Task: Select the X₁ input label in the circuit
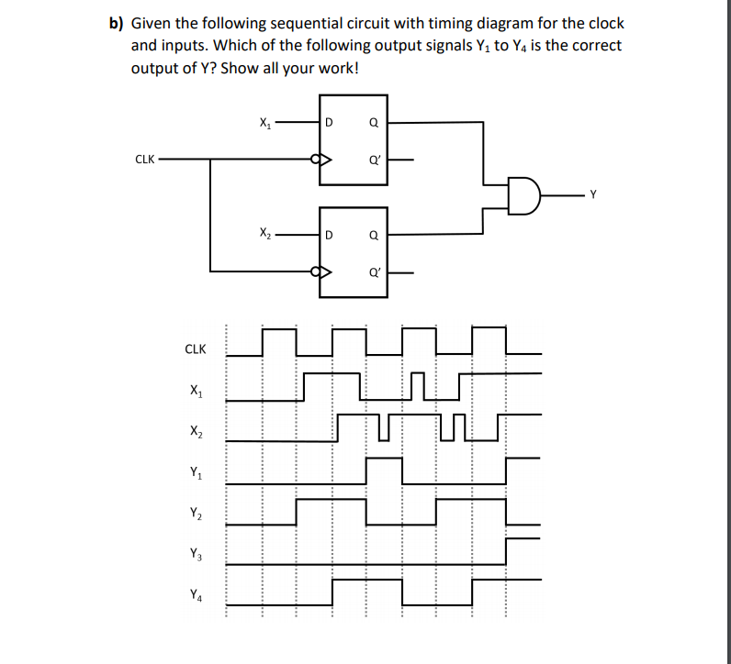(264, 120)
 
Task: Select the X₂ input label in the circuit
(264, 233)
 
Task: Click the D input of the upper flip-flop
(329, 121)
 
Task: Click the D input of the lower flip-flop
(329, 234)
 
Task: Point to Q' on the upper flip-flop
(373, 159)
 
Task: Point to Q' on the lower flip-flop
(373, 271)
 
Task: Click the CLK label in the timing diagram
(196, 349)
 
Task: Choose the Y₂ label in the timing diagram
(195, 515)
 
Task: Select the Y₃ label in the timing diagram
(195, 554)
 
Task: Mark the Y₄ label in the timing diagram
(195, 594)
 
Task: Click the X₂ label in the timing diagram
(195, 431)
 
